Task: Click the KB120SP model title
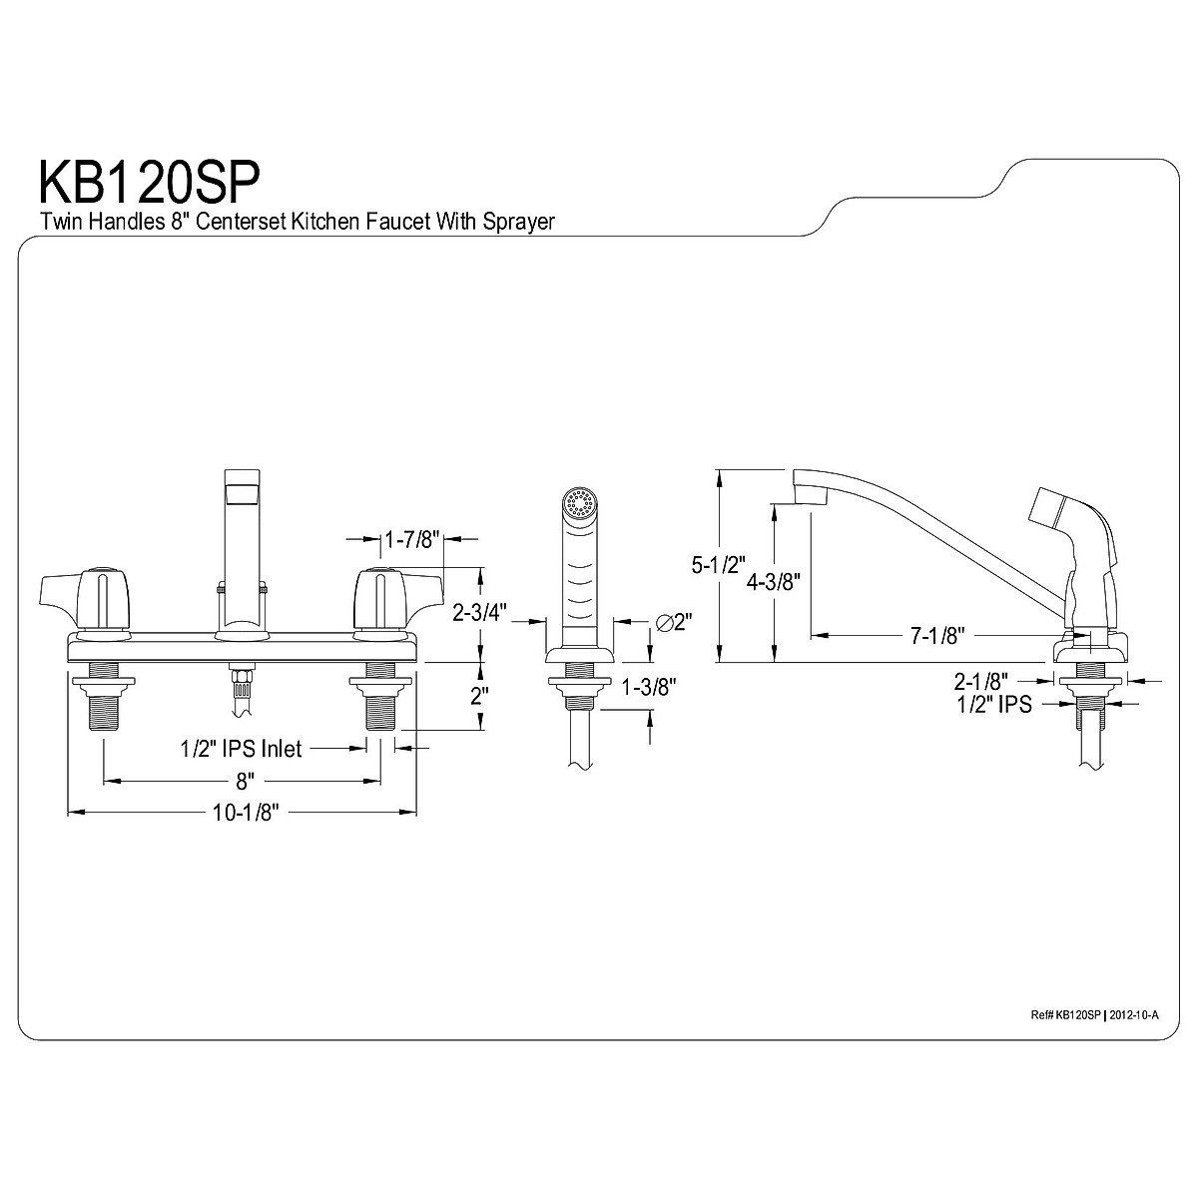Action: [149, 183]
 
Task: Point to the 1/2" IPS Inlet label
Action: [240, 748]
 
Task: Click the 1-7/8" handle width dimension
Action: [411, 540]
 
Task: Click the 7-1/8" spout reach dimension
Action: [935, 635]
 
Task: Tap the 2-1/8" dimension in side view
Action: [980, 682]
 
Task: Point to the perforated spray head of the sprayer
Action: [578, 504]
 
